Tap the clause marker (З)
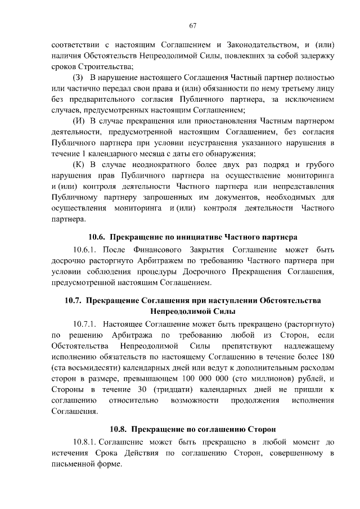78,76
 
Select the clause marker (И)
79,121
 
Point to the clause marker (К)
79,165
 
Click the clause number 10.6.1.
86,249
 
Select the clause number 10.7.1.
86,325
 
